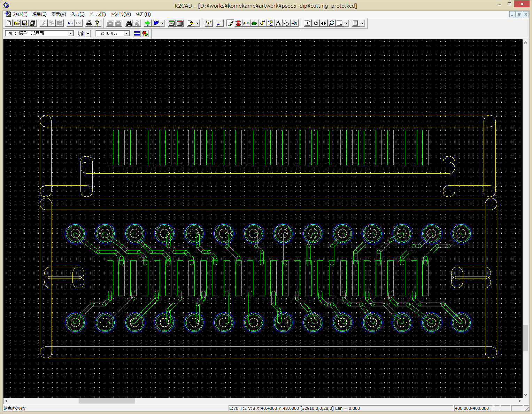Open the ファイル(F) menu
(20, 14)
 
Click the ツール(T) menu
(98, 14)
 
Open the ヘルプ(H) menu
(143, 14)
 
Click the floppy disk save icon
(25, 23)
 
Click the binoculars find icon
(129, 23)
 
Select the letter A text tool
(278, 23)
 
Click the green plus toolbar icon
(147, 23)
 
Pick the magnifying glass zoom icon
(331, 23)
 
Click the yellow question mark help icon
(97, 23)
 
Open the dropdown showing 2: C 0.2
(113, 33)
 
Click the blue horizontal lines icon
(137, 33)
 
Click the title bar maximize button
(509, 4)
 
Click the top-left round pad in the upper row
(75, 234)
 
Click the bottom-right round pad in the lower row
(461, 322)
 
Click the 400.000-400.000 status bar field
(472, 408)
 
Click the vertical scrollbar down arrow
(525, 395)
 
